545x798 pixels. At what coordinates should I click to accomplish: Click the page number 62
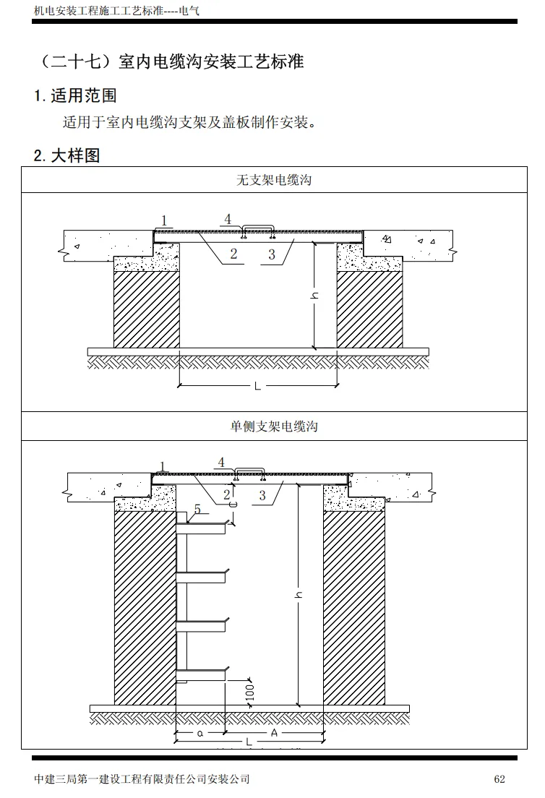499,778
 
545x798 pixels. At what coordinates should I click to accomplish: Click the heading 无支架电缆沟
274,180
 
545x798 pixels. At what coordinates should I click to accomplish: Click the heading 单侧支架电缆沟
274,426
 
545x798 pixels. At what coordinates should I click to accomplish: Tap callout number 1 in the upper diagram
165,220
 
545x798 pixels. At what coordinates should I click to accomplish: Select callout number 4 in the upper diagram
228,218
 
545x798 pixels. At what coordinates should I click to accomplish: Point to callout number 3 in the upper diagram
272,254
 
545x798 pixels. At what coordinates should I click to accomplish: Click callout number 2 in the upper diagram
234,254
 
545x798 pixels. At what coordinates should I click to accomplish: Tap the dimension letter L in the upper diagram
257,387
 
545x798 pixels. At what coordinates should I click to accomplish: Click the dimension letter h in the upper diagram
315,296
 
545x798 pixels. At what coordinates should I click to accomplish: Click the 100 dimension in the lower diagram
250,692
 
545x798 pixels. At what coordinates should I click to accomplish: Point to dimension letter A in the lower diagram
274,732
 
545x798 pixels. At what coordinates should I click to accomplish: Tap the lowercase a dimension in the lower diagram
200,732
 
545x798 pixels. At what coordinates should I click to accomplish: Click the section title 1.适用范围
75,95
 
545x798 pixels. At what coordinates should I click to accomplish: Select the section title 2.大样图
66,155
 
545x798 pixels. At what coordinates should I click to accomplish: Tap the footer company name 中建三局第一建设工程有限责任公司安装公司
142,778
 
